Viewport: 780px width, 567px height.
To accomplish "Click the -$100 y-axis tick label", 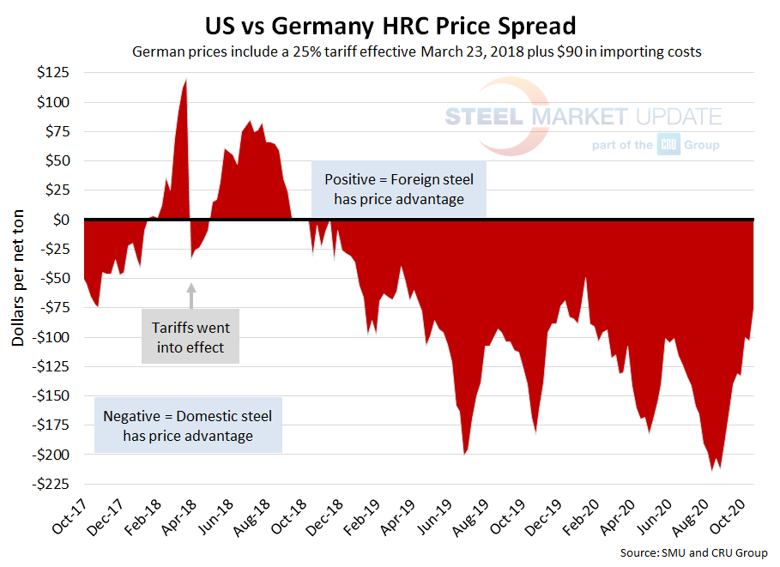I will (54, 337).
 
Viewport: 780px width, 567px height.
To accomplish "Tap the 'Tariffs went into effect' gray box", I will (190, 337).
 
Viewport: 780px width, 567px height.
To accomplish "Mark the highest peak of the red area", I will (186, 80).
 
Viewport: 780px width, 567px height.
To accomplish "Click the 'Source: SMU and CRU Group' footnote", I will (694, 553).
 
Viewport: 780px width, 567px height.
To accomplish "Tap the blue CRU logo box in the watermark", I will (668, 145).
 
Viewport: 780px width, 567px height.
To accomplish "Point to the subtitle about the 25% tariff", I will (417, 51).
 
